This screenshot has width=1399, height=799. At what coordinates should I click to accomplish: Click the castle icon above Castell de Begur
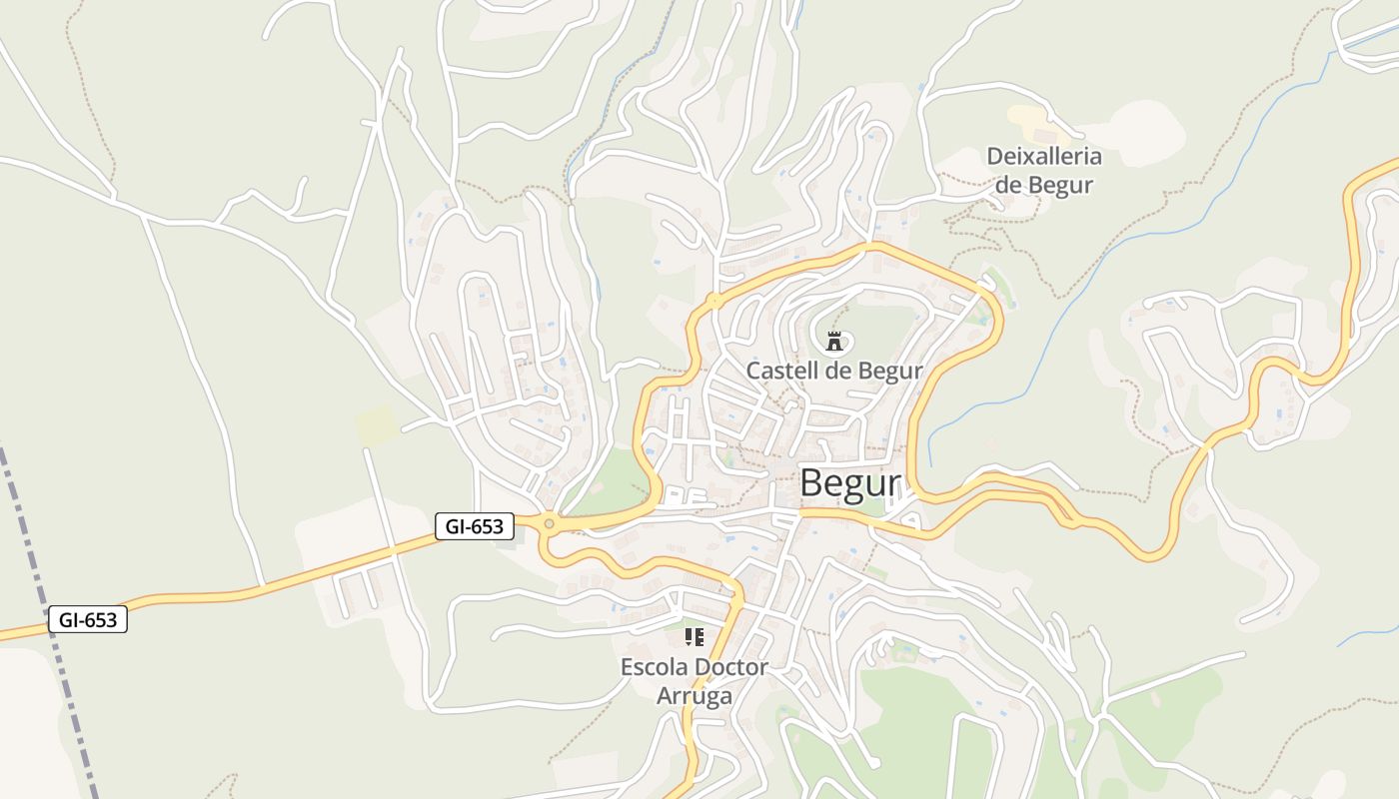834,342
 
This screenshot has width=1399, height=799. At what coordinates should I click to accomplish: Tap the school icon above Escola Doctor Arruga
695,636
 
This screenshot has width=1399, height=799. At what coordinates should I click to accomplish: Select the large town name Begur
849,483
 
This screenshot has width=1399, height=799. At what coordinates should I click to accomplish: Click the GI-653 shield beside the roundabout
475,526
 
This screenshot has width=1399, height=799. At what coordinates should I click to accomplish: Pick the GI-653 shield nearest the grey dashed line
88,620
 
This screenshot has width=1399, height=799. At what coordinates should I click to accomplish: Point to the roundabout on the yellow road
548,523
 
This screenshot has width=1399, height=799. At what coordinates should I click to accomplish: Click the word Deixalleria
1044,157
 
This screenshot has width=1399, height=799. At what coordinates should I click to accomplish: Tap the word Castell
780,372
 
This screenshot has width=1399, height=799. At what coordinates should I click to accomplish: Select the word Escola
655,667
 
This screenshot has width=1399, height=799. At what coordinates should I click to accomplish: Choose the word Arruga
695,696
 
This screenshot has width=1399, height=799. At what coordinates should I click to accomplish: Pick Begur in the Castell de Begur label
889,372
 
